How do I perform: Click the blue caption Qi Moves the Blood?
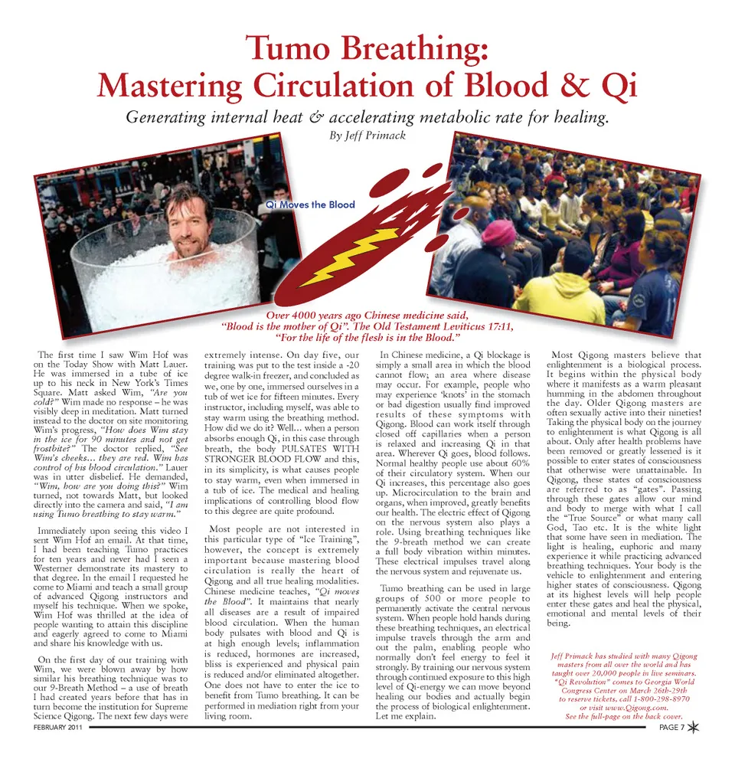tap(310, 205)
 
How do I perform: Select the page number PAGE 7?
tap(671, 728)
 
